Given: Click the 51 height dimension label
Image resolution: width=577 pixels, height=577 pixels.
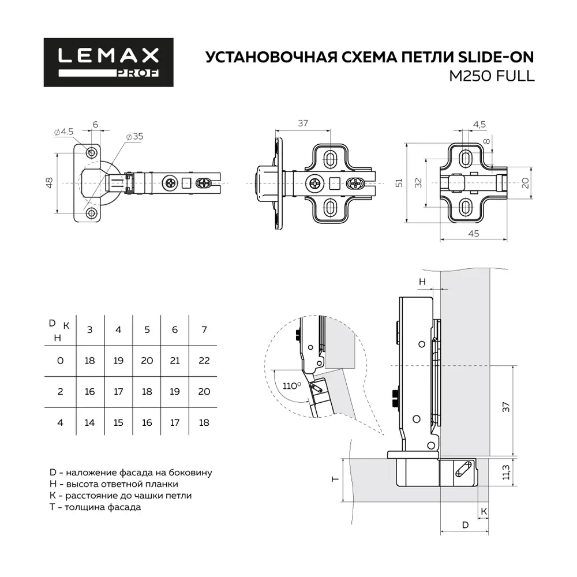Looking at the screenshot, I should [x=397, y=182].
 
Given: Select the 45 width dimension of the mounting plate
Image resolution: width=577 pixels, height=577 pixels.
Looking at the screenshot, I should [x=473, y=233].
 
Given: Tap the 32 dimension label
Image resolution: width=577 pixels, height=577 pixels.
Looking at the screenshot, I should [x=418, y=182].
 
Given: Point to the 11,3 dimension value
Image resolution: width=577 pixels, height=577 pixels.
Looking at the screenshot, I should [x=505, y=473].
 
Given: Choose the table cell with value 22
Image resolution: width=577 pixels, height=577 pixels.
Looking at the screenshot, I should [x=204, y=360].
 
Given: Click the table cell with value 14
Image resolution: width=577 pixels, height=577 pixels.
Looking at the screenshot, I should [x=89, y=422].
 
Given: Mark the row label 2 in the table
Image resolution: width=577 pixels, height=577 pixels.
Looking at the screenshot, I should [x=59, y=391].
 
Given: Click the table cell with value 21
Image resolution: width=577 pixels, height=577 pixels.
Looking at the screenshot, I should [x=175, y=360].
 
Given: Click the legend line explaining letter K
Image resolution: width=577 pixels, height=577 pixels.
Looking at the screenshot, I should [x=121, y=496].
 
